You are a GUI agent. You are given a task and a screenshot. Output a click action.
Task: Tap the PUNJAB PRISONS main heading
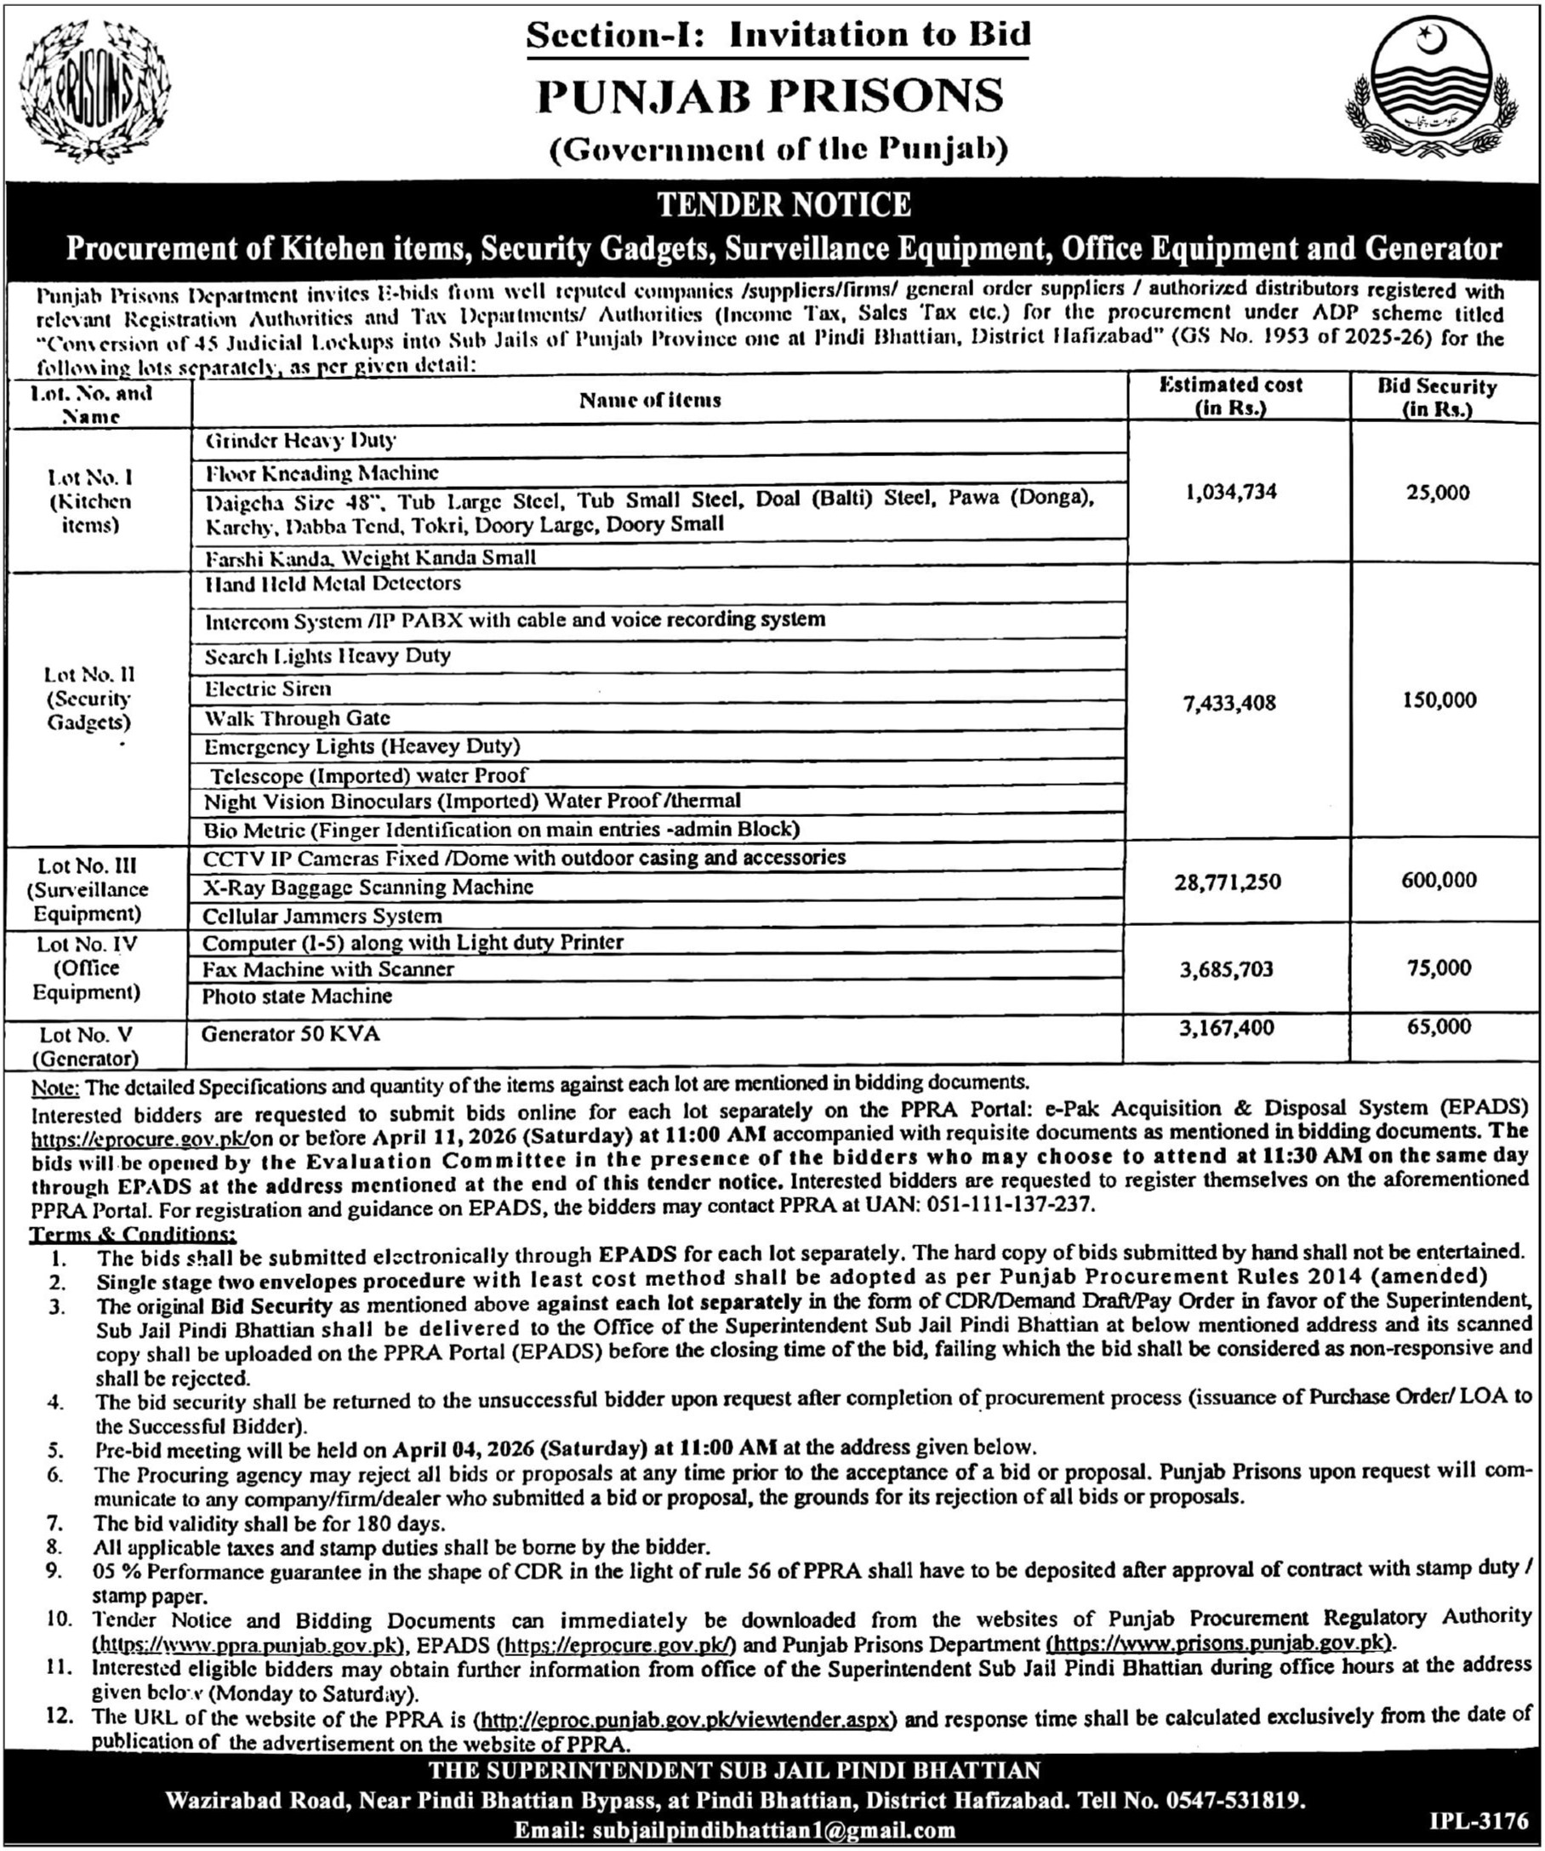(x=771, y=96)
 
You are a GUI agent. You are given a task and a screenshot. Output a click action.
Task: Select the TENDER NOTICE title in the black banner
(x=784, y=205)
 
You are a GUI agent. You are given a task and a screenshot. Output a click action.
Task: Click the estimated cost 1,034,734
(x=1231, y=492)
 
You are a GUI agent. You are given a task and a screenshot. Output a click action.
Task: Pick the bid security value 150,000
(x=1439, y=700)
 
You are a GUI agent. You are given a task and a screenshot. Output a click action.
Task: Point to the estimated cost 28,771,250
(x=1227, y=882)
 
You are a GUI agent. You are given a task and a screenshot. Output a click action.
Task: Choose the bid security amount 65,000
(x=1439, y=1027)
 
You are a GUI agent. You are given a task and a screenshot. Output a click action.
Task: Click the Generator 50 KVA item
(x=290, y=1034)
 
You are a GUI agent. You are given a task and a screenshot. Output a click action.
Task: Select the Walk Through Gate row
(x=297, y=718)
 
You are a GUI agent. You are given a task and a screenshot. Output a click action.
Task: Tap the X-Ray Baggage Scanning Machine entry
(x=368, y=887)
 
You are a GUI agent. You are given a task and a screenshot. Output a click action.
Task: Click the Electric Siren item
(x=268, y=688)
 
